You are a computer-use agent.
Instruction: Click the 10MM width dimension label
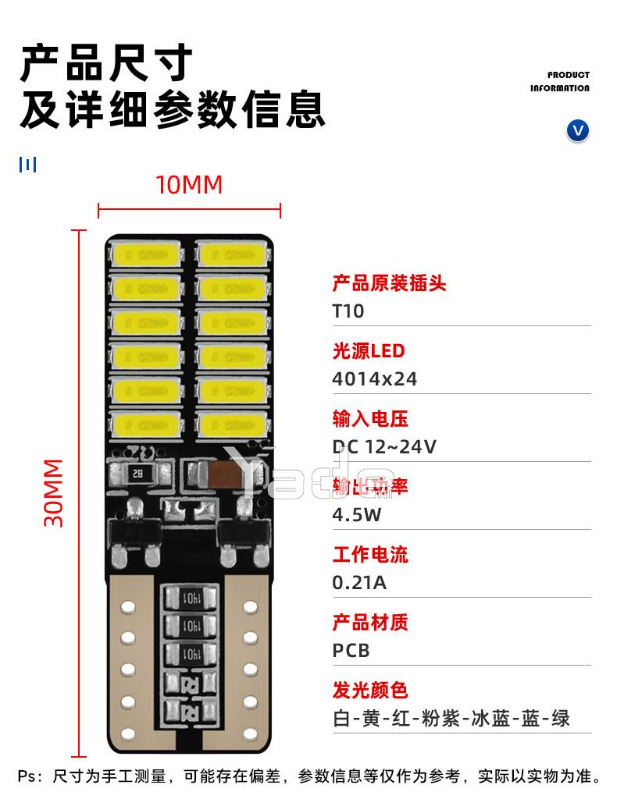(189, 185)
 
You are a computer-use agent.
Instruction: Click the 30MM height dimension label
(54, 493)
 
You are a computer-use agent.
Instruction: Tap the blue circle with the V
(577, 130)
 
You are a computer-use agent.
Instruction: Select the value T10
(348, 311)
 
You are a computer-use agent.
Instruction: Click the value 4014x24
(375, 379)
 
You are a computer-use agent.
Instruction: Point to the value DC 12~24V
(384, 447)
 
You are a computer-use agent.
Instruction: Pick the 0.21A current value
(359, 583)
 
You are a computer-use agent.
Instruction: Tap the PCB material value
(351, 651)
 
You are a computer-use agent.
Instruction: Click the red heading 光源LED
(369, 351)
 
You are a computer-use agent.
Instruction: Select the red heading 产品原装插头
(389, 283)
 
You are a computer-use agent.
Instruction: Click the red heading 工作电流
(370, 555)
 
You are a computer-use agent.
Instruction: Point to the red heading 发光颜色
(370, 691)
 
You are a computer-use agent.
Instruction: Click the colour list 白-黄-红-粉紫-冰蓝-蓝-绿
(451, 718)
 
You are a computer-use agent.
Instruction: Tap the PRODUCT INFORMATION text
(560, 82)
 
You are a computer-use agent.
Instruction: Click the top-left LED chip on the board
(146, 254)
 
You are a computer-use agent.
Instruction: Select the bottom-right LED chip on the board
(234, 424)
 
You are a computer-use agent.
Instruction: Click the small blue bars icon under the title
(28, 165)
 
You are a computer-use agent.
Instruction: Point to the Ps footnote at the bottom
(308, 776)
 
